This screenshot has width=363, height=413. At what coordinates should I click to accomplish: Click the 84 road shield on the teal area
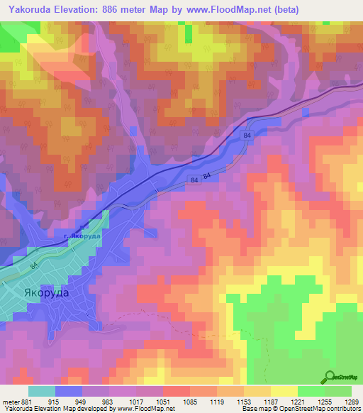tap(33, 266)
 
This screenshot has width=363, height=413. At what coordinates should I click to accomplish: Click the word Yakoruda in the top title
tap(31, 10)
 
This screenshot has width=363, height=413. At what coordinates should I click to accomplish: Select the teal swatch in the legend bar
tap(42, 391)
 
